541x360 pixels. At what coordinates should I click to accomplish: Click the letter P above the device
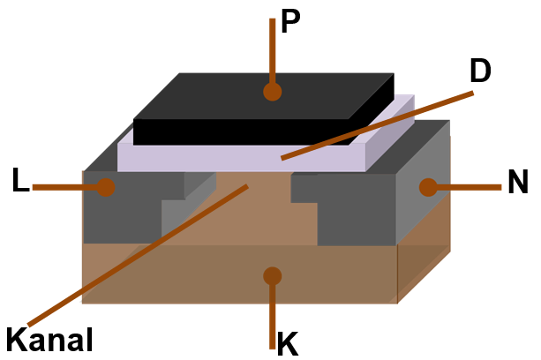click(291, 23)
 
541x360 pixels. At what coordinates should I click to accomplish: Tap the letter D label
click(480, 71)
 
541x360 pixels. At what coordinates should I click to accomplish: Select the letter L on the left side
click(20, 181)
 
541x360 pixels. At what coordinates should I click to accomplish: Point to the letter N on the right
click(518, 183)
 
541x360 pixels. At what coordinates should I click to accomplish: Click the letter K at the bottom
click(288, 343)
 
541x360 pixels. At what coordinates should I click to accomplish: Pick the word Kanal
click(49, 339)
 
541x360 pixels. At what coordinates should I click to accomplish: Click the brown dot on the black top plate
click(272, 91)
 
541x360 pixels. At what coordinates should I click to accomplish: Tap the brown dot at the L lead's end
click(106, 187)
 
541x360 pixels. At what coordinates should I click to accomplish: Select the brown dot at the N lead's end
click(428, 187)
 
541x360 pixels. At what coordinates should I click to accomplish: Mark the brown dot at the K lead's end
click(272, 276)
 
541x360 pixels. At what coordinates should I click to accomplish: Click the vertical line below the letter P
click(272, 49)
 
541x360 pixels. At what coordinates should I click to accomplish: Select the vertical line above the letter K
click(272, 313)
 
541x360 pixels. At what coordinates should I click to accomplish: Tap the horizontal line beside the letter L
click(66, 187)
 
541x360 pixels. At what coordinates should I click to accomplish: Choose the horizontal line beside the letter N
click(468, 187)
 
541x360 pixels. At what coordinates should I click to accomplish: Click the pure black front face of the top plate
click(238, 131)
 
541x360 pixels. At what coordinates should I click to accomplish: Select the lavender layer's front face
click(238, 159)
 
